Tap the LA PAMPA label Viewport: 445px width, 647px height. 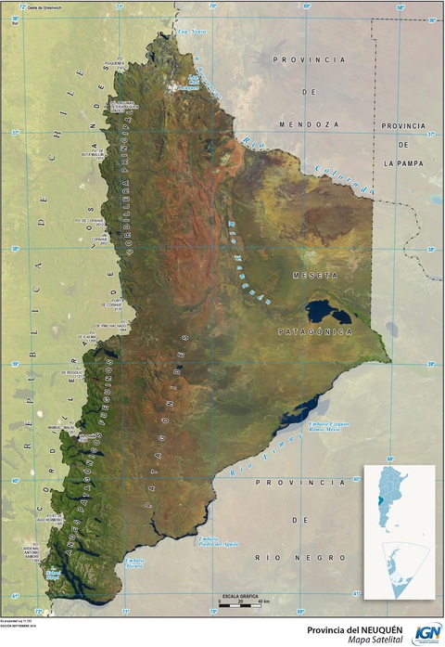402,162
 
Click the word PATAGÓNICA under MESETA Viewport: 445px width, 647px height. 315,330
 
